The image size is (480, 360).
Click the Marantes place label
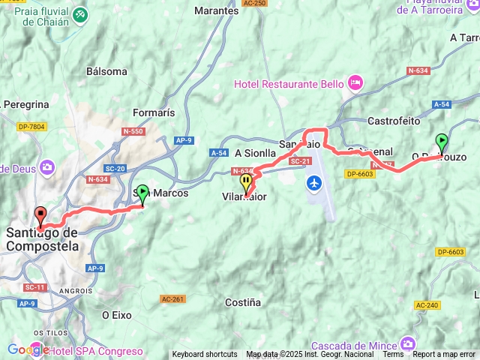click(x=217, y=11)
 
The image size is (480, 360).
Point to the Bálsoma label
click(x=106, y=71)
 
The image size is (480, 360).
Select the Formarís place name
click(x=154, y=112)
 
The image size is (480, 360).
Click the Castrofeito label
click(x=394, y=120)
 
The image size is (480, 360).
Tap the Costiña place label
click(x=243, y=302)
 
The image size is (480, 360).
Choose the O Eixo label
click(x=116, y=315)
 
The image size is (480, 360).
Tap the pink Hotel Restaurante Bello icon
click(x=355, y=81)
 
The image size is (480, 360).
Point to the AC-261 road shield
click(x=171, y=298)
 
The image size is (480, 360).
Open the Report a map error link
click(x=444, y=355)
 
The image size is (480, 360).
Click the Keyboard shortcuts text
click(x=205, y=355)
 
